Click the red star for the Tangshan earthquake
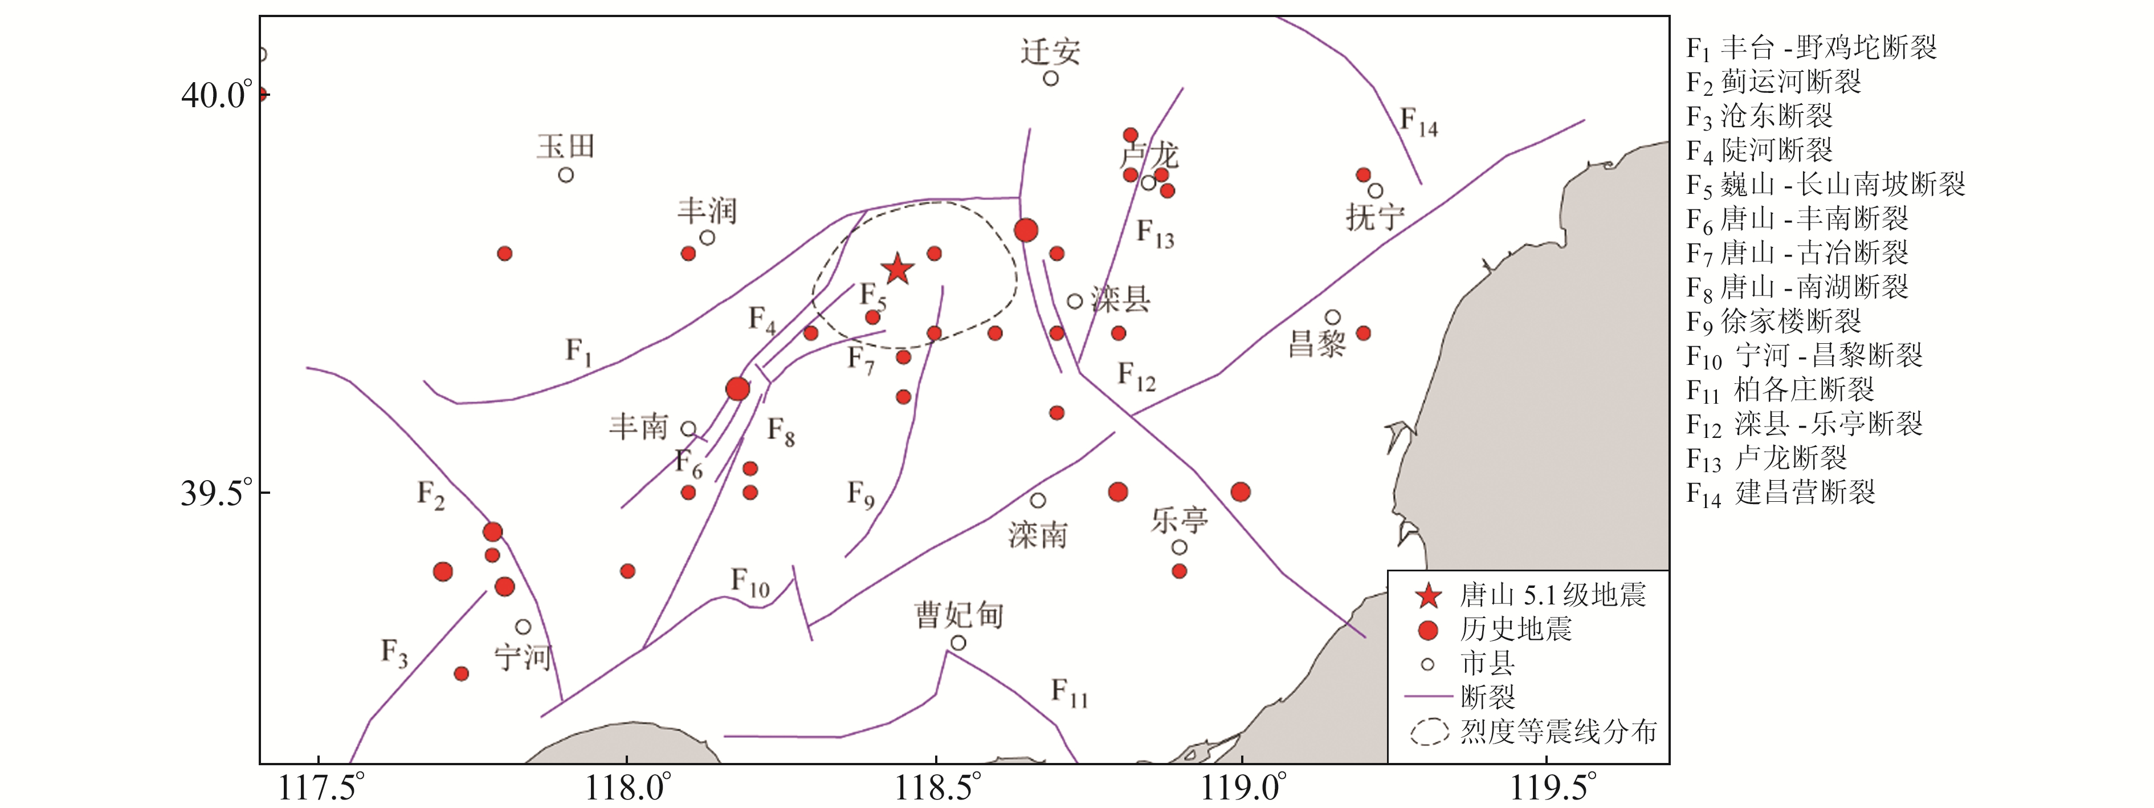[x=897, y=269]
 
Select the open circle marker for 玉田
[x=566, y=175]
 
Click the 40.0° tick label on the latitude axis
[x=216, y=95]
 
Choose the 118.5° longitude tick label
[x=935, y=787]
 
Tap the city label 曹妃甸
[x=958, y=616]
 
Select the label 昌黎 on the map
[x=1317, y=343]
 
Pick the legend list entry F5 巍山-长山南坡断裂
[x=1825, y=184]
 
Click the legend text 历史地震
[x=1516, y=629]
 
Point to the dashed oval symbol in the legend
[x=1429, y=732]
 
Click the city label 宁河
[x=523, y=657]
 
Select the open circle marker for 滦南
[x=1038, y=500]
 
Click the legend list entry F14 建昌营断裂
[x=1781, y=493]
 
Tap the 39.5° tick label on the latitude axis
[x=216, y=493]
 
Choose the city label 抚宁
[x=1374, y=217]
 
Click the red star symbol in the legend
[x=1428, y=595]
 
